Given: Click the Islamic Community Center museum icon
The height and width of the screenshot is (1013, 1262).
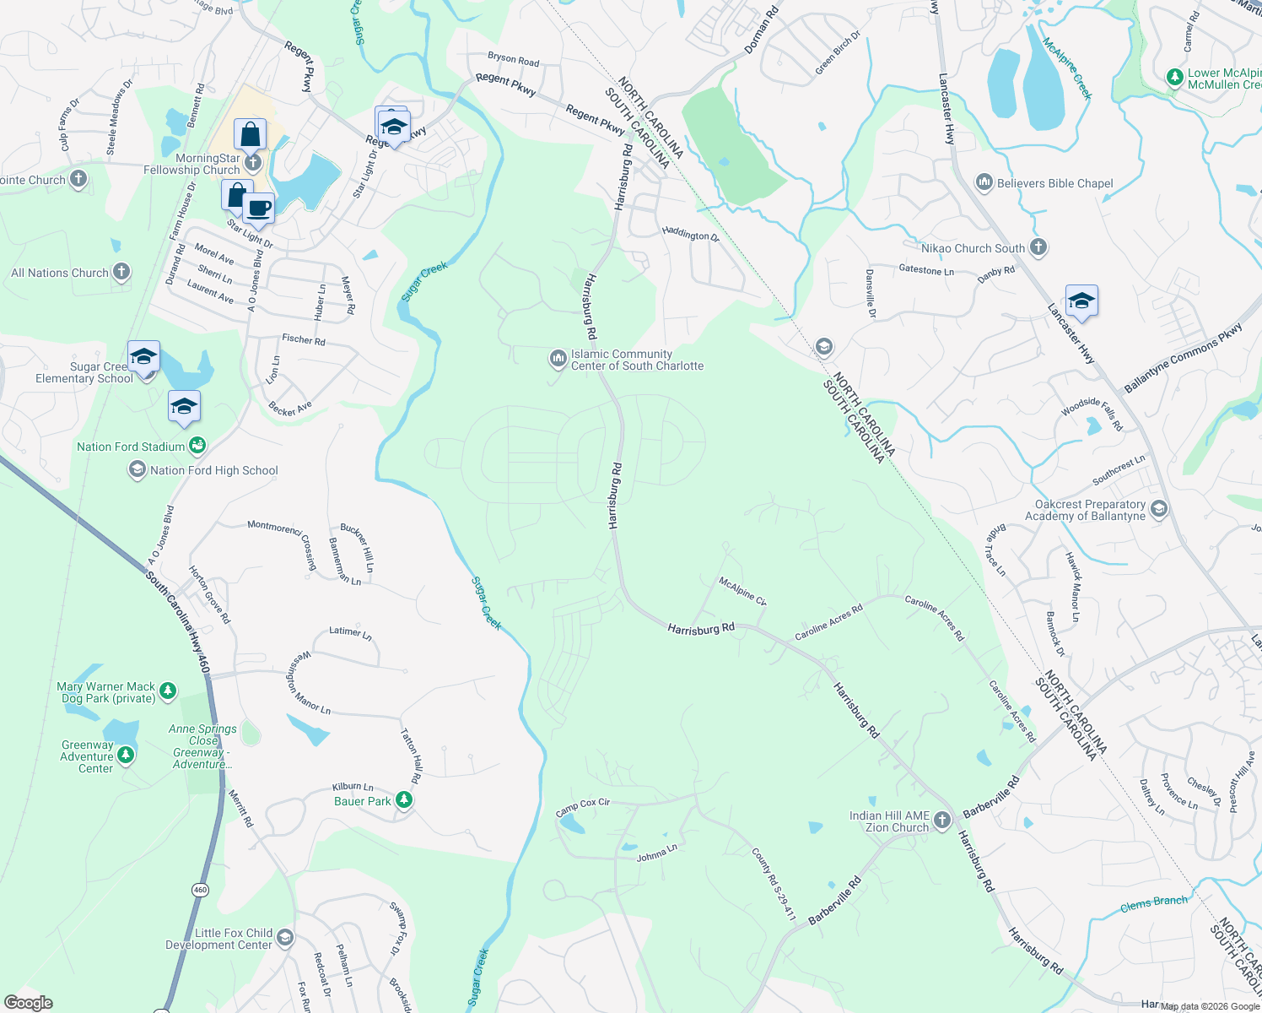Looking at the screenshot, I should pyautogui.click(x=558, y=360).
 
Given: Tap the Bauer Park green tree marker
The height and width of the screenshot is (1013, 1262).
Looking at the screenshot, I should pyautogui.click(x=405, y=800).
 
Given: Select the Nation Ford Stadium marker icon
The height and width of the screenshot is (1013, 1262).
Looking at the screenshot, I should pyautogui.click(x=197, y=445).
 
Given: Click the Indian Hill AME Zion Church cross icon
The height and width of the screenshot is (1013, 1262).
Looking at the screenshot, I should pyautogui.click(x=942, y=821).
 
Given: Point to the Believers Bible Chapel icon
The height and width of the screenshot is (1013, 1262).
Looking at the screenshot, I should pyautogui.click(x=984, y=182).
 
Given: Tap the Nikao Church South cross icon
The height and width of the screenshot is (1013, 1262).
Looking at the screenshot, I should pyautogui.click(x=1038, y=247).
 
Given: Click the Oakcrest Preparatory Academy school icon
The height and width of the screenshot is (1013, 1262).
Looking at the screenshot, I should pyautogui.click(x=1158, y=509).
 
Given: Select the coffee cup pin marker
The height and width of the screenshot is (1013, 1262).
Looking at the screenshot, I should pyautogui.click(x=258, y=208).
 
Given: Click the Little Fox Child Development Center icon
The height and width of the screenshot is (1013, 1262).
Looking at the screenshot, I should pyautogui.click(x=285, y=938).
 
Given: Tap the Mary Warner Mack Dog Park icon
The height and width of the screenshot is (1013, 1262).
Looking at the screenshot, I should pyautogui.click(x=168, y=691).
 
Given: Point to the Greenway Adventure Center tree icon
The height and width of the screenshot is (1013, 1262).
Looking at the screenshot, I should pyautogui.click(x=126, y=755).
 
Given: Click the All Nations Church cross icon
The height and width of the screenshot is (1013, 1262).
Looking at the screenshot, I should pyautogui.click(x=121, y=272).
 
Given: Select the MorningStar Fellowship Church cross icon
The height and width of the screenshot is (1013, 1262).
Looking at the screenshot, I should pyautogui.click(x=252, y=163).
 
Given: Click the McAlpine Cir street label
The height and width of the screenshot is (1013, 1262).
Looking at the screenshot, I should pyautogui.click(x=742, y=591).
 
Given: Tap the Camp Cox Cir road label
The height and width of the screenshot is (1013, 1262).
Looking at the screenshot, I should pyautogui.click(x=582, y=807).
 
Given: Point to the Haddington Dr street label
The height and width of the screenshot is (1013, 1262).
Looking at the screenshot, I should pyautogui.click(x=690, y=234).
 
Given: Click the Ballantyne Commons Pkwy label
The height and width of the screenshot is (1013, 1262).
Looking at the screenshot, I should pyautogui.click(x=1183, y=358).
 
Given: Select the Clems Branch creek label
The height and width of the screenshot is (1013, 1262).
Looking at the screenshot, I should pyautogui.click(x=1153, y=903).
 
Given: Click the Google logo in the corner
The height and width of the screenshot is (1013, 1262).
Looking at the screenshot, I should pyautogui.click(x=28, y=1002).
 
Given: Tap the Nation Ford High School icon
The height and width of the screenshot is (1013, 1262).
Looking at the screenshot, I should pyautogui.click(x=137, y=469).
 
